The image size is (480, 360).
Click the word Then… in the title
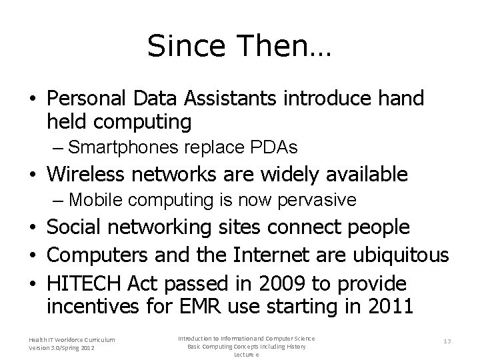pyautogui.click(x=280, y=46)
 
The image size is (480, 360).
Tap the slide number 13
pyautogui.click(x=447, y=341)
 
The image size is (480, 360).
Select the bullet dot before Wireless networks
pyautogui.click(x=33, y=175)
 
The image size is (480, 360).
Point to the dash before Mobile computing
pyautogui.click(x=59, y=199)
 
